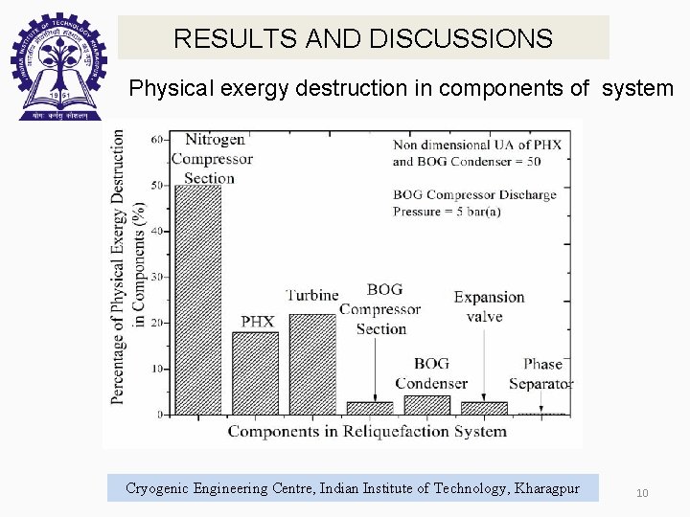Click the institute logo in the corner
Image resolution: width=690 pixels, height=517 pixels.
57,65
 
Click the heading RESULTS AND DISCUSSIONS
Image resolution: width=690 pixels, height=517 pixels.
363,38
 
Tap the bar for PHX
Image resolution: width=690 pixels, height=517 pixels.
255,373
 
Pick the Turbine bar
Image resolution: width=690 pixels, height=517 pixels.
312,364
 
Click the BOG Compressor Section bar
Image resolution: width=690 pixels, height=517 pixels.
370,408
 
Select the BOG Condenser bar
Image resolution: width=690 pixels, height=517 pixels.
426,405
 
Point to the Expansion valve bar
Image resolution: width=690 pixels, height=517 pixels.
484,408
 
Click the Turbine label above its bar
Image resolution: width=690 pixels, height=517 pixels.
312,295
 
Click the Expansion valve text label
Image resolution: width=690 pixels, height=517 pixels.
489,306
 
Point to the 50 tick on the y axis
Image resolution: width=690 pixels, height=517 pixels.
157,185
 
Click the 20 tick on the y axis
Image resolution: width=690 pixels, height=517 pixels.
157,323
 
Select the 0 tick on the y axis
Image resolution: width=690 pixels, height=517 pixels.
160,415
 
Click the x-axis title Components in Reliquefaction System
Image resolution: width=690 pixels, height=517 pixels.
367,432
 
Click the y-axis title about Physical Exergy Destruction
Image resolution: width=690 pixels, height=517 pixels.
126,268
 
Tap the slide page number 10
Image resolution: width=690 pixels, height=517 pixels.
642,492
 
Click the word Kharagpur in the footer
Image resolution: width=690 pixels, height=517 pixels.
547,488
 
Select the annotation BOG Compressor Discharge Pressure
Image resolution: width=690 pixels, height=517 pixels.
473,203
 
